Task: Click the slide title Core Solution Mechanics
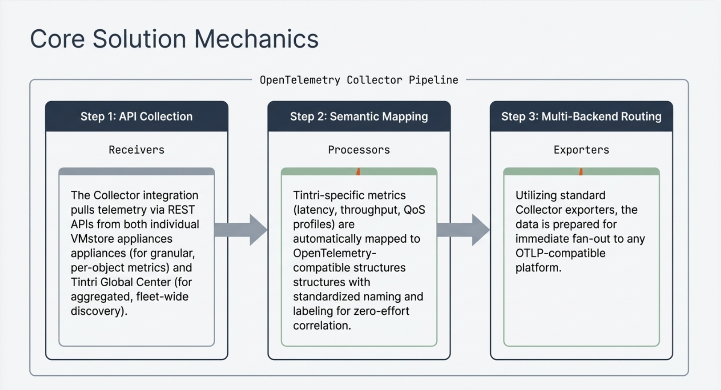[x=174, y=39]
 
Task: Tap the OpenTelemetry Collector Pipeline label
[x=359, y=80]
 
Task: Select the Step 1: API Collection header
[x=136, y=117]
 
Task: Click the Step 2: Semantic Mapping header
[x=359, y=117]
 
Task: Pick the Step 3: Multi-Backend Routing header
[x=581, y=117]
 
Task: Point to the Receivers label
[x=136, y=150]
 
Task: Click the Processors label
[x=359, y=150]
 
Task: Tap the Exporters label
[x=581, y=150]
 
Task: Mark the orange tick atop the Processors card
[x=358, y=172]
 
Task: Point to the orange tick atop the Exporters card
[x=581, y=172]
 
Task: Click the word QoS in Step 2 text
[x=414, y=210]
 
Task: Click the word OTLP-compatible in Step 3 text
[x=560, y=253]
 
